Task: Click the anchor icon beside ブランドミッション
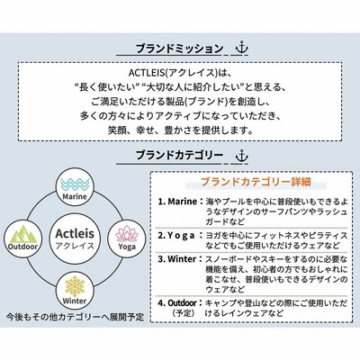tap(242, 49)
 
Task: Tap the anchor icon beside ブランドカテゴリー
tap(242, 156)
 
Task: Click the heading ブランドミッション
tap(179, 49)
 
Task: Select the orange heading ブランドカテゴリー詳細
tap(256, 182)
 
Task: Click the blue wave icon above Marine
tap(75, 184)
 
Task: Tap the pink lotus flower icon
tap(127, 233)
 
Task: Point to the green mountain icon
tap(22, 234)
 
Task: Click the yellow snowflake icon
tap(75, 285)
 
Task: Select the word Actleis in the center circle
tap(75, 233)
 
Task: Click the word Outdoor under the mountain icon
tap(22, 247)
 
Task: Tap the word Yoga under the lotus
tap(127, 247)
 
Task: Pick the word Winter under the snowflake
tap(75, 301)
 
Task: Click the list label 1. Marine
tap(177, 202)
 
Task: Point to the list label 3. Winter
tap(177, 259)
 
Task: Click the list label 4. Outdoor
tap(177, 303)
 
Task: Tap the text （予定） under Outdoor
tap(184, 313)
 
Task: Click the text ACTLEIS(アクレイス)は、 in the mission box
tap(180, 73)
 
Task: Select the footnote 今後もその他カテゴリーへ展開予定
tap(75, 317)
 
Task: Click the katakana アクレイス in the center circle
tap(75, 246)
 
